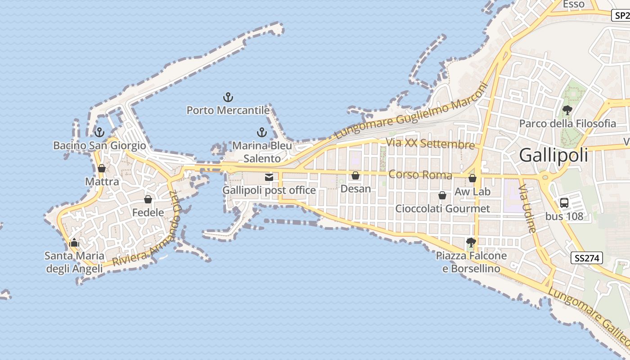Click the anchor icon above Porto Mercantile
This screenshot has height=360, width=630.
(228, 97)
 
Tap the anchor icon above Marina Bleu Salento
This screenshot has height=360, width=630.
(261, 132)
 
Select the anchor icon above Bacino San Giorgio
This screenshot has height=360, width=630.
(99, 132)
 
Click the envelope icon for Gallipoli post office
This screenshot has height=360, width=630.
(269, 177)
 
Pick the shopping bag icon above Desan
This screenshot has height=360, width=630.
(355, 175)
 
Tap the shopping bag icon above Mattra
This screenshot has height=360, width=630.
(102, 168)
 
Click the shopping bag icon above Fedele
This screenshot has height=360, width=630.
(148, 199)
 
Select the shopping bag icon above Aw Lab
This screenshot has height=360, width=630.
(472, 178)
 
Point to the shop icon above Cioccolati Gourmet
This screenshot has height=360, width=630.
(442, 195)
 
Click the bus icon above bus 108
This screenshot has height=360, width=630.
(564, 203)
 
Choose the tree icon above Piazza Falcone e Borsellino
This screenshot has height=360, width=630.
(471, 243)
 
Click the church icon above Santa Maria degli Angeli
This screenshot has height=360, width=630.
(74, 243)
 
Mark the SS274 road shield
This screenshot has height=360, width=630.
(587, 258)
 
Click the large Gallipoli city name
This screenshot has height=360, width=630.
(553, 155)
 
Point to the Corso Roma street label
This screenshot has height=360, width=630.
(420, 175)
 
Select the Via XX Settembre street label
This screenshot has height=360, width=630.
(430, 144)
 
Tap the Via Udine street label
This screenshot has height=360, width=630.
(527, 208)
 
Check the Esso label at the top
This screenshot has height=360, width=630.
(574, 4)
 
